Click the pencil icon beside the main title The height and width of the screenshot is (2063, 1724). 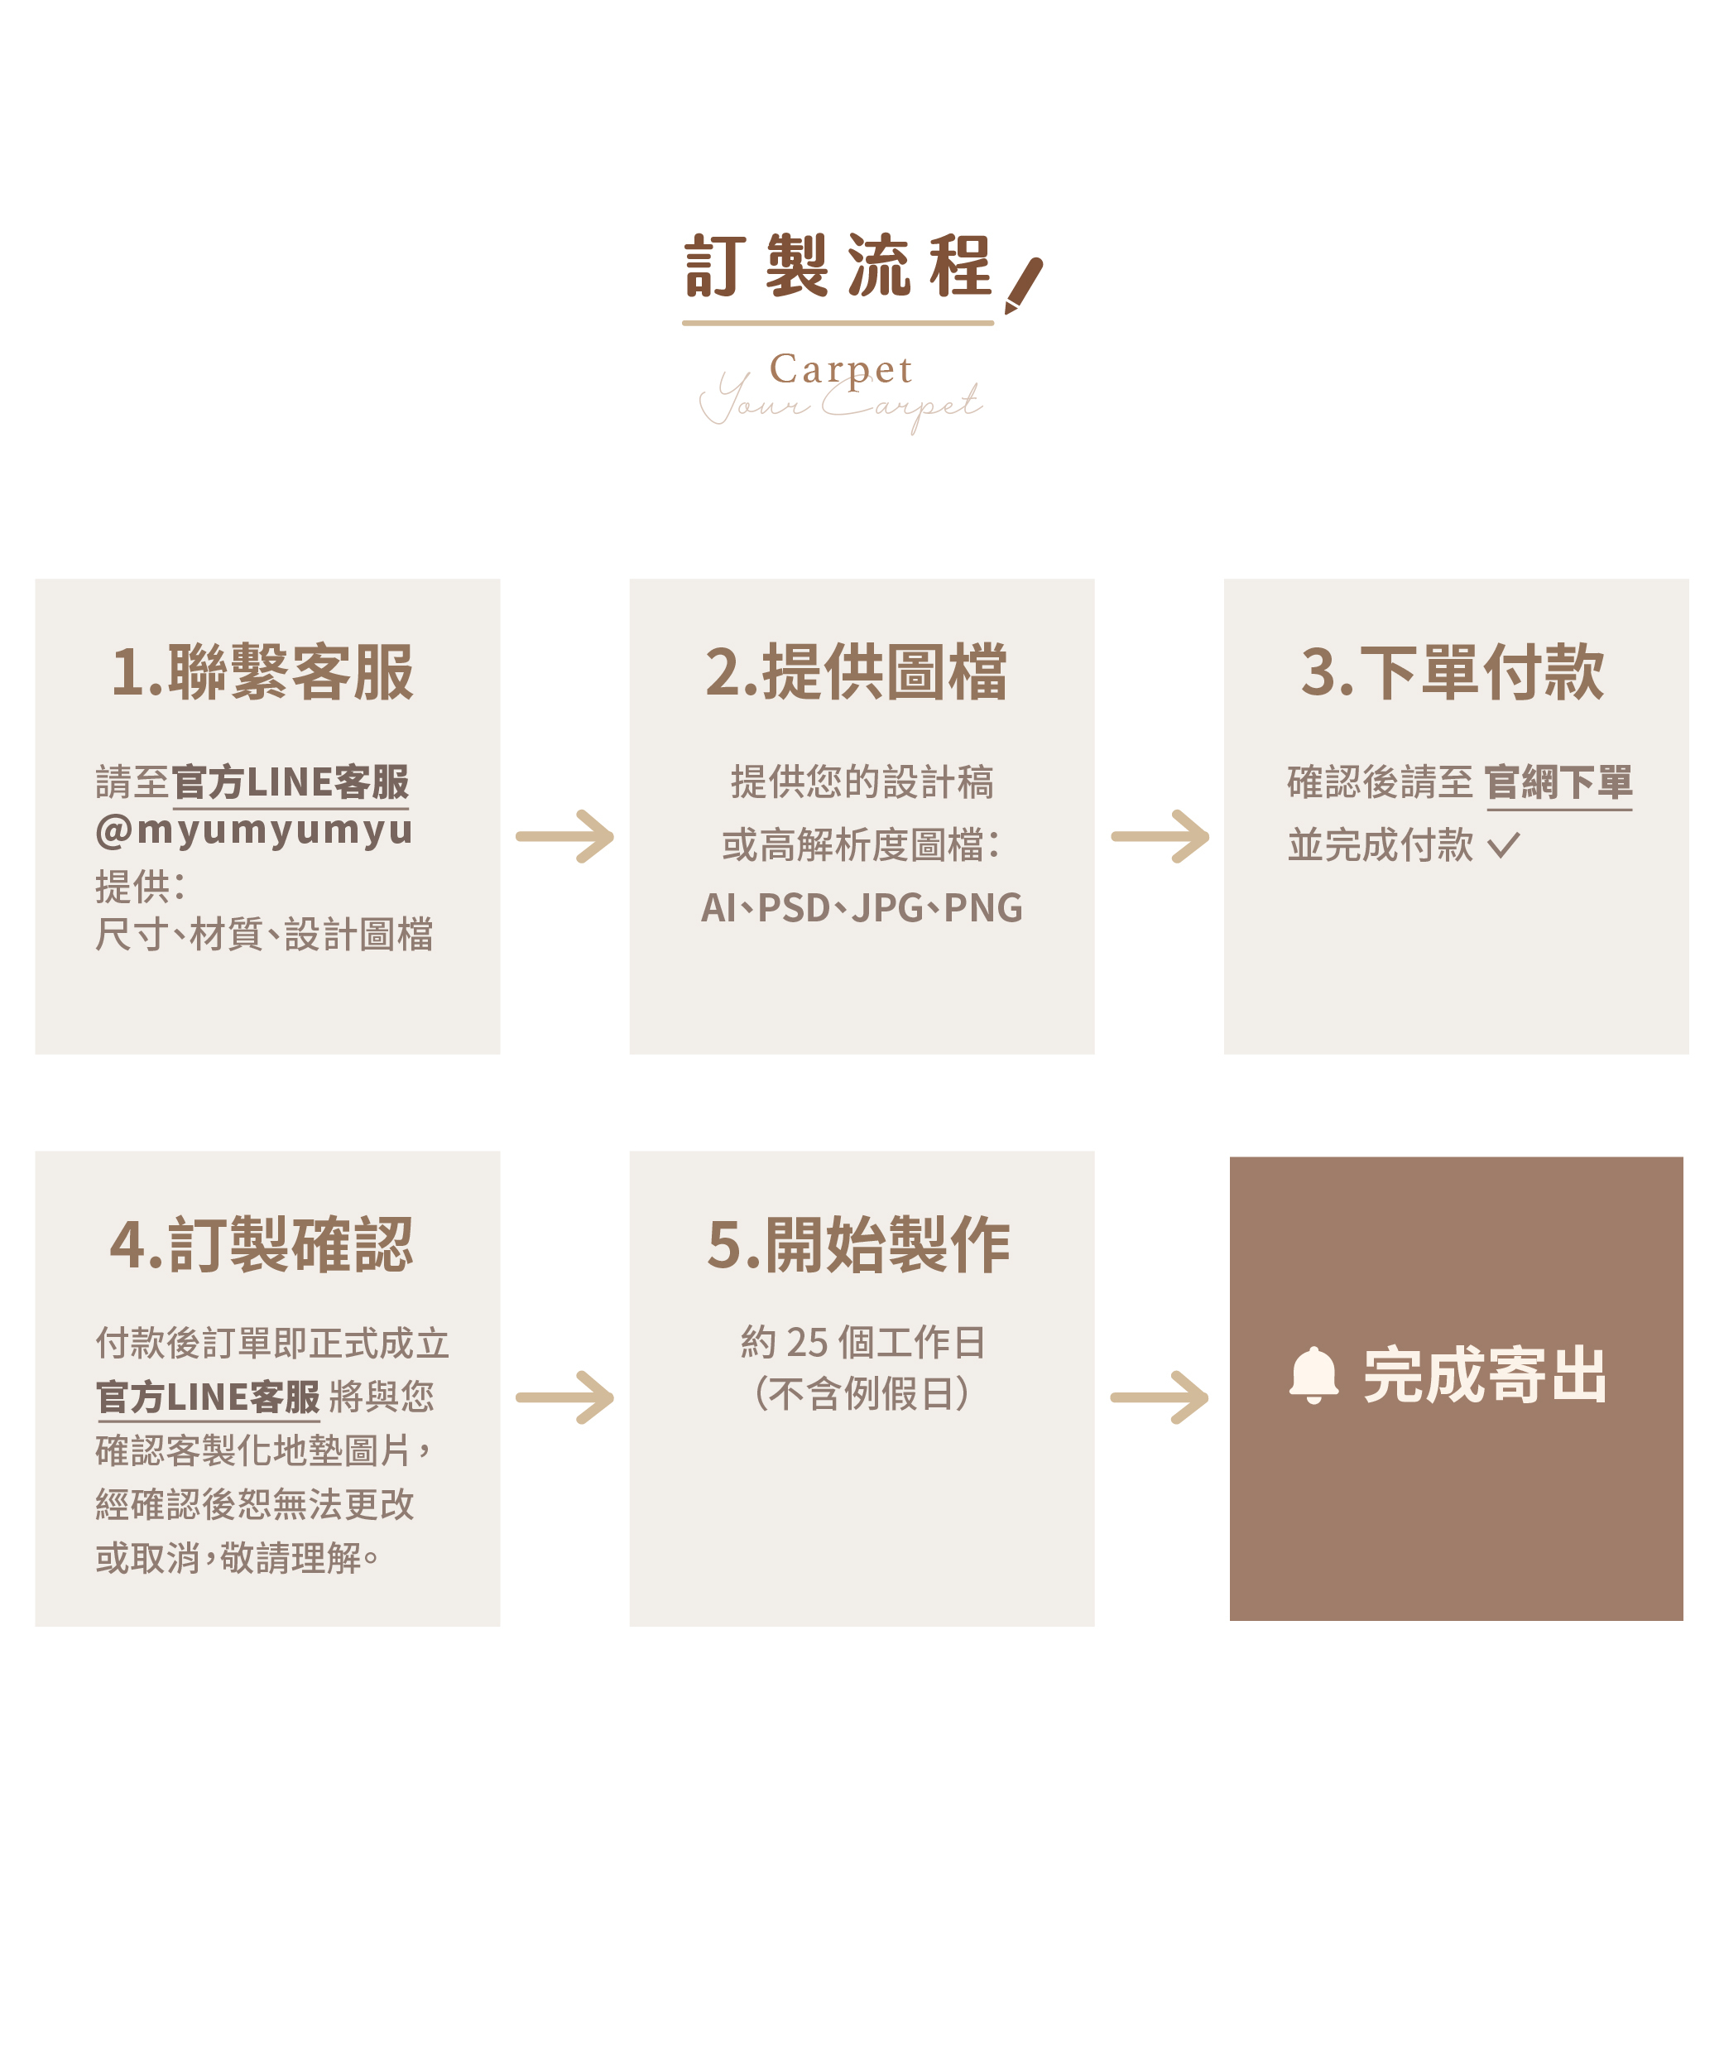coord(1023,285)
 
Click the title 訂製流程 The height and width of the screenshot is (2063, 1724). coord(837,267)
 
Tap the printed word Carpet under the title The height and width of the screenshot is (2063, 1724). coord(841,369)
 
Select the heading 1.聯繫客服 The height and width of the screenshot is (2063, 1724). coord(262,673)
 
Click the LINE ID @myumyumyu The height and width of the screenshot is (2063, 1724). coord(253,830)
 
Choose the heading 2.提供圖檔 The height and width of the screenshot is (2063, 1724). coord(857,673)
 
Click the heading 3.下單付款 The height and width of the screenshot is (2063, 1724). coord(1452,673)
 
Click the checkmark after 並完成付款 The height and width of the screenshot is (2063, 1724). coord(1503,845)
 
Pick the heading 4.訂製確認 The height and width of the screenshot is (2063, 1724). coord(262,1245)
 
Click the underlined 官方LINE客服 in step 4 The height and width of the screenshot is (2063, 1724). coord(209,1397)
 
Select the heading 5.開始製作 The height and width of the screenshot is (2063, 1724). coord(858,1245)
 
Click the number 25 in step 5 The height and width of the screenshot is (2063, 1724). coord(808,1342)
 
